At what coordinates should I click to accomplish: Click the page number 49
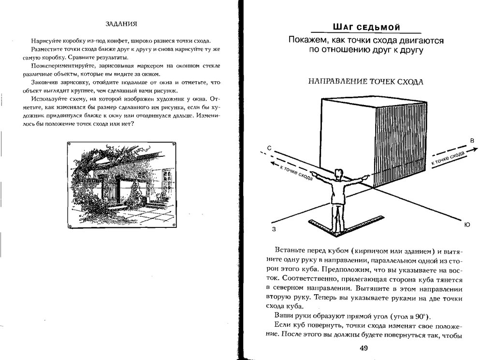click(x=364, y=349)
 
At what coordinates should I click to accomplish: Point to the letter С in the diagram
click(x=269, y=147)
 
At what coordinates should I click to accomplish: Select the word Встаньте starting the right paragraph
click(x=289, y=250)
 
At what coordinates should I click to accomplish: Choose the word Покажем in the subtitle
click(x=305, y=41)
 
